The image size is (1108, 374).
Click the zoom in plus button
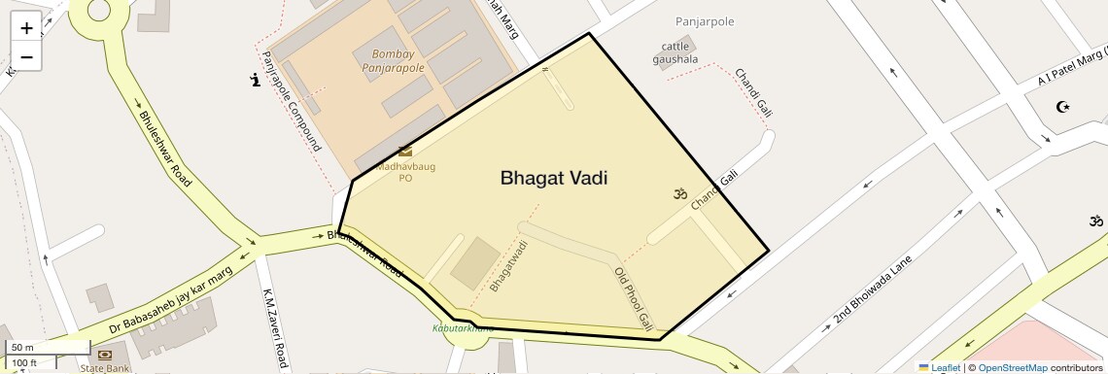click(26, 28)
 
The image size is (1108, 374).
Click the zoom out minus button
click(26, 56)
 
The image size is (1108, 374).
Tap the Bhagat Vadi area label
click(560, 178)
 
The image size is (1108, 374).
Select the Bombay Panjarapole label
click(393, 61)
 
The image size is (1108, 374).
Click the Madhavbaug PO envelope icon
click(405, 152)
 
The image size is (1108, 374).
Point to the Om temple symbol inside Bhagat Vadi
click(680, 193)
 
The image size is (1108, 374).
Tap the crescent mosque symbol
click(1061, 106)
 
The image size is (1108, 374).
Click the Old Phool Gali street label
click(633, 299)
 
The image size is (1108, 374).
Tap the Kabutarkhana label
click(463, 328)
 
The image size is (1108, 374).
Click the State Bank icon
click(105, 356)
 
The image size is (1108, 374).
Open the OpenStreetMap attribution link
click(1012, 367)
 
